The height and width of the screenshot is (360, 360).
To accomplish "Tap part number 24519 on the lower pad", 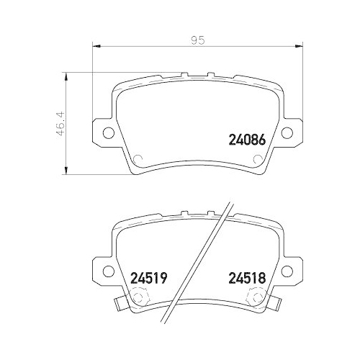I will [x=148, y=276].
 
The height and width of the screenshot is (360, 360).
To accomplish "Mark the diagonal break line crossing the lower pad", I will [x=209, y=266].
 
